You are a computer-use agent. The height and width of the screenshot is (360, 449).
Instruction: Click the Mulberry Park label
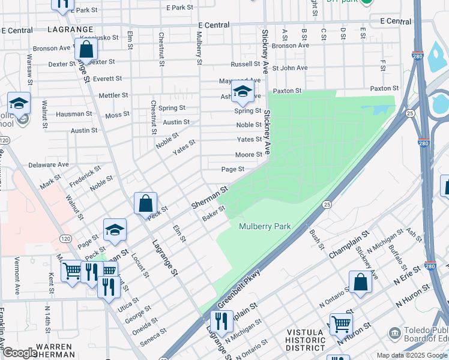[265, 226]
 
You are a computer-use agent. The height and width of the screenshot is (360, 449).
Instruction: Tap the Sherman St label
[210, 197]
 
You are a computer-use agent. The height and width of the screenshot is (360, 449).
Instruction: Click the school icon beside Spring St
[243, 92]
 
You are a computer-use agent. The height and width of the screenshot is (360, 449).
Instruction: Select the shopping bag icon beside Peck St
[146, 203]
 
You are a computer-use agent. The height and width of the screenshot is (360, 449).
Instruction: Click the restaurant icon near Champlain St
[221, 322]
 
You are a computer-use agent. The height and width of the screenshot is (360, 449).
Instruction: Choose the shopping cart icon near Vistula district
[341, 325]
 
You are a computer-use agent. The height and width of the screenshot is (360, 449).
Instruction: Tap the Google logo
[20, 353]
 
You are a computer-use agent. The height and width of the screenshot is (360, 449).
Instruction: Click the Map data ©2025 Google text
[412, 355]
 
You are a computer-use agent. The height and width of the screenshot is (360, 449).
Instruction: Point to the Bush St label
[316, 239]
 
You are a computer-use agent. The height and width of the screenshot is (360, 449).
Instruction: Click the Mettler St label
[113, 95]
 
